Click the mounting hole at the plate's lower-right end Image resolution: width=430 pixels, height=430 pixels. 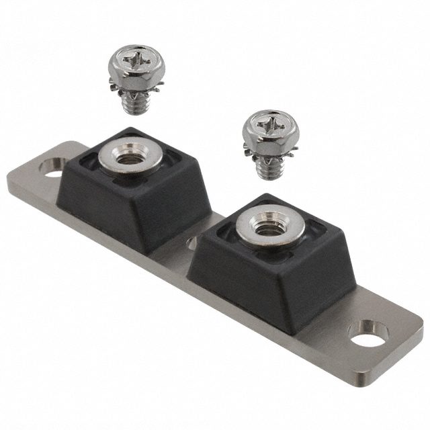click(x=368, y=333)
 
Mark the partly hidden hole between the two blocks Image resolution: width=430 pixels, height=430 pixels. click(x=193, y=240)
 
